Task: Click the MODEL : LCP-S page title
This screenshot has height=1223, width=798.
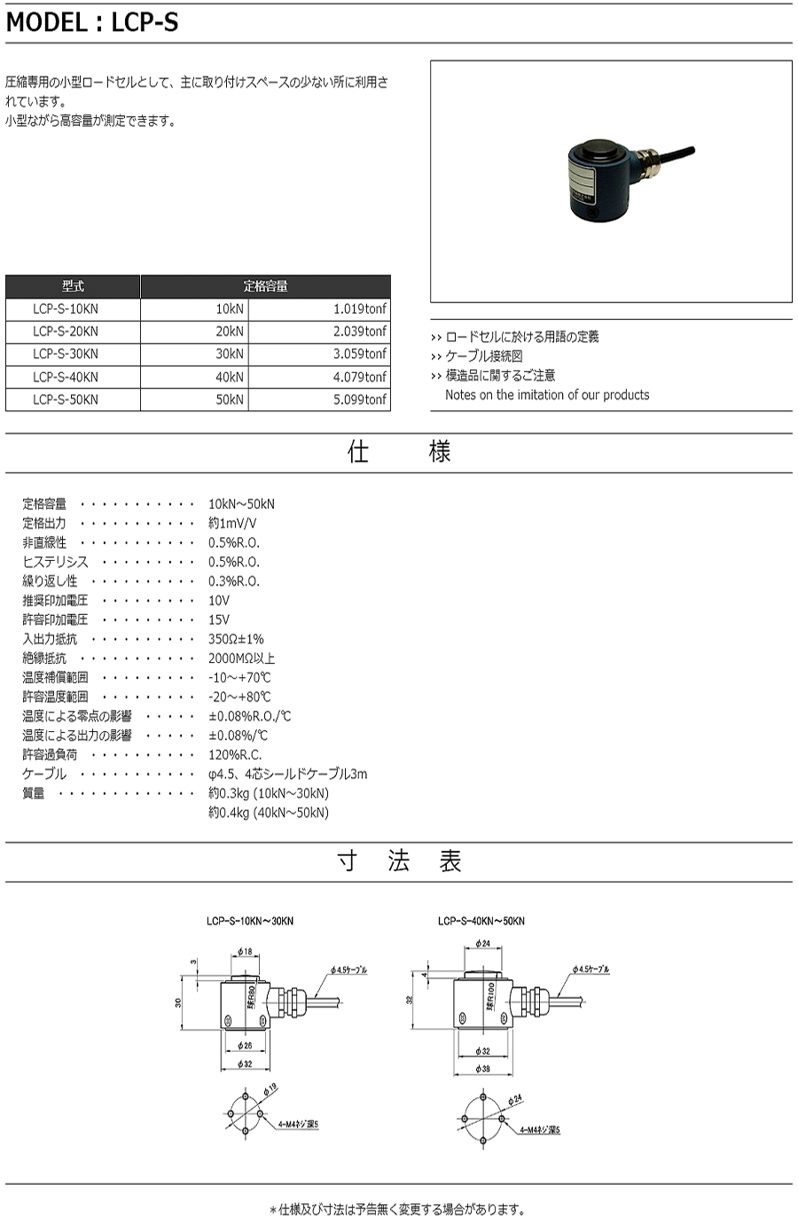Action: point(92,22)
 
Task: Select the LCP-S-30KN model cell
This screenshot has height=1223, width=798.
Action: point(66,354)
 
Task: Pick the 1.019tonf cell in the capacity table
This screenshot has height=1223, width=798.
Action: point(360,308)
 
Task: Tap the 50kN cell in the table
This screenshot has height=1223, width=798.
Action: point(230,399)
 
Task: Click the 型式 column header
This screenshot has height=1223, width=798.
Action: point(73,286)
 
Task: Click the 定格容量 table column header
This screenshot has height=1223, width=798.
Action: point(265,286)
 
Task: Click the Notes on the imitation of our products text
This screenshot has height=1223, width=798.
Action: point(547,394)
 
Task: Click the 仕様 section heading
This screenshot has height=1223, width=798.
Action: point(399,452)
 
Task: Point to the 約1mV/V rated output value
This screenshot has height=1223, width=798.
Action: point(232,523)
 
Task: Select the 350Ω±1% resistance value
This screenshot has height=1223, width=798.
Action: point(236,638)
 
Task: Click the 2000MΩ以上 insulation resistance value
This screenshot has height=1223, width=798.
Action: point(241,658)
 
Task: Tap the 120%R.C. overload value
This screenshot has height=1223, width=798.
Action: point(234,754)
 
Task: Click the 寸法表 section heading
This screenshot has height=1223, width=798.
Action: point(399,861)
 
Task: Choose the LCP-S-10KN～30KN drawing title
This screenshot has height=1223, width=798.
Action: point(249,921)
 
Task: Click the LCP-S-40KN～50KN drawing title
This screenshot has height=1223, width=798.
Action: point(481,921)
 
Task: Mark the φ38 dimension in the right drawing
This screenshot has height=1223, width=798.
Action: point(482,1069)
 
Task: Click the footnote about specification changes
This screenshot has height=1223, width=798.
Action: point(398,1209)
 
